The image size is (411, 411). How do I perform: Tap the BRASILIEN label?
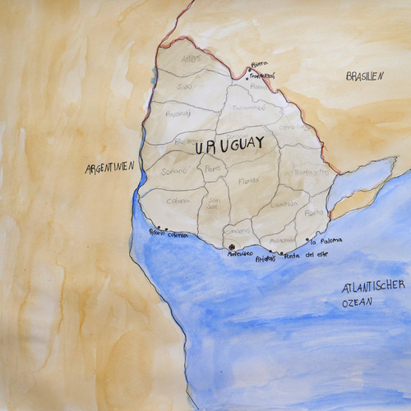point(365,76)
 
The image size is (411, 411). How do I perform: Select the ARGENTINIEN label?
point(109,168)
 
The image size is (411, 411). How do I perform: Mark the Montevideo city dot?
point(232,247)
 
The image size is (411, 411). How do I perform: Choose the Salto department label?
point(185,85)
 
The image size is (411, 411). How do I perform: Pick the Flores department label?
point(213,169)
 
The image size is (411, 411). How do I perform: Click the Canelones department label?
point(238,232)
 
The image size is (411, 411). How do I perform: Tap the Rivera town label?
point(260,62)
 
